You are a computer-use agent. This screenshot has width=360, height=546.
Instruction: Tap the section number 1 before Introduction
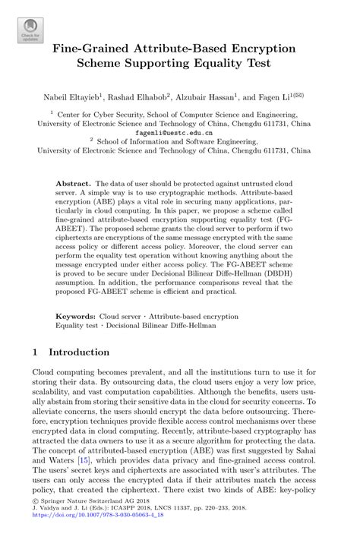pos(36,352)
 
